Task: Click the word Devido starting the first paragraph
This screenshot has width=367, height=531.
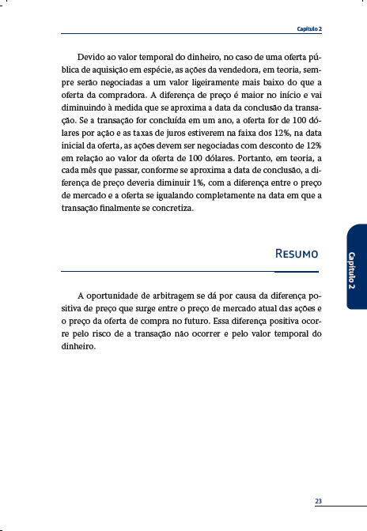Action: point(92,58)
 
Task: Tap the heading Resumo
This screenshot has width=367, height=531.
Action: point(297,254)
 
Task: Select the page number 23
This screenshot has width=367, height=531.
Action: point(318,501)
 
